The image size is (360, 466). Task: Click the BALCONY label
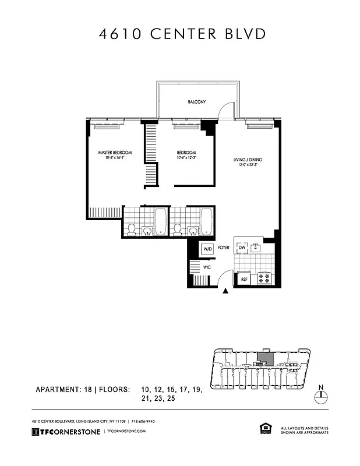coord(196,102)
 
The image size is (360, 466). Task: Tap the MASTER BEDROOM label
coord(114,153)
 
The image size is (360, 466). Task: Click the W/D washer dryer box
coord(207,249)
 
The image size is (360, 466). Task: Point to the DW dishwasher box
coord(242,248)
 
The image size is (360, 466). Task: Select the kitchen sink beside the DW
coord(256,248)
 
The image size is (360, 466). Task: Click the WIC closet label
coord(206,267)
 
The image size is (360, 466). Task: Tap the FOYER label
coord(224,248)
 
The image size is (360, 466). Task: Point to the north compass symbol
coord(320,396)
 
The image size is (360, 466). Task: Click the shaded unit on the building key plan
coord(264,359)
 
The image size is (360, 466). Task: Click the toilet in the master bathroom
coord(132,230)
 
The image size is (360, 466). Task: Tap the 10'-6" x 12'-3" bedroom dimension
coord(187,158)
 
